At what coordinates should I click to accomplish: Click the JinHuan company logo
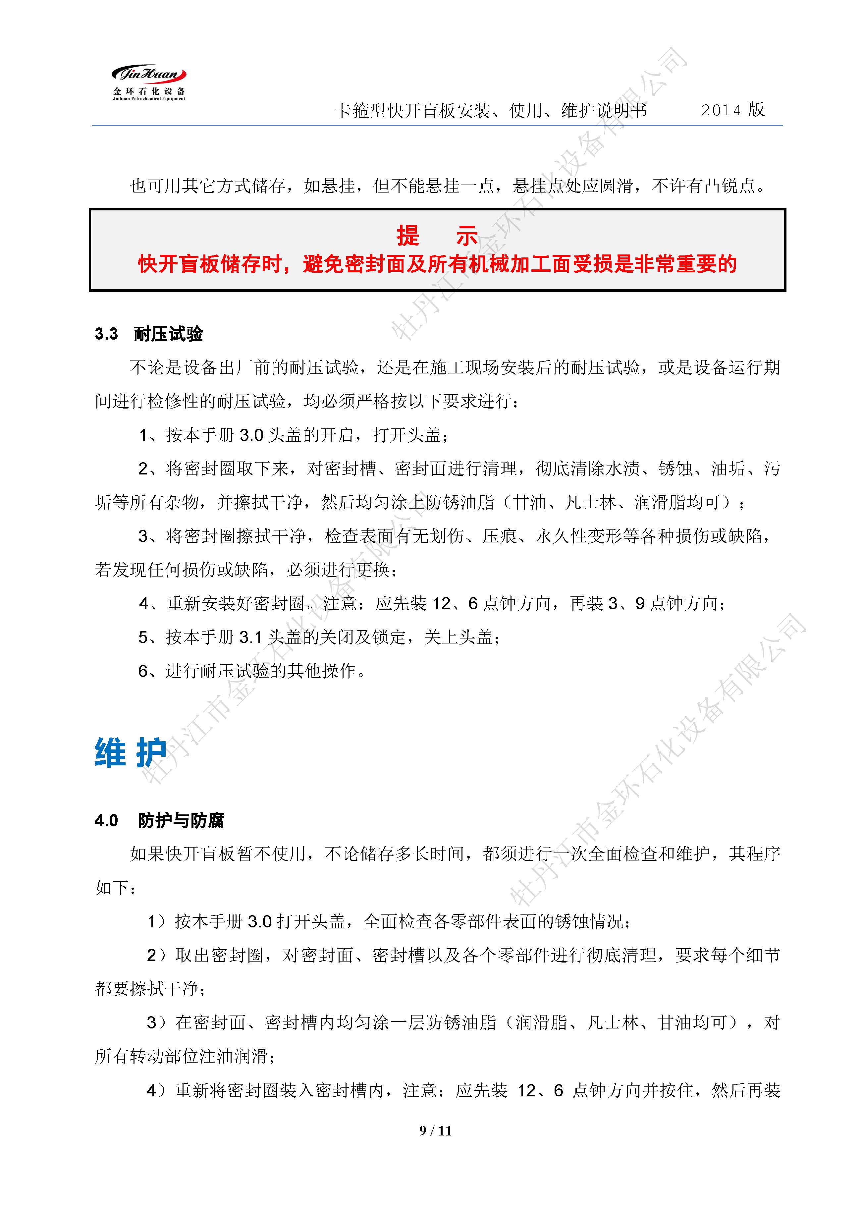click(x=149, y=83)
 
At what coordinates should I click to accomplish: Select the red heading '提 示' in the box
click(x=437, y=236)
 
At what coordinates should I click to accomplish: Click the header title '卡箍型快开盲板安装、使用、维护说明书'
click(x=491, y=111)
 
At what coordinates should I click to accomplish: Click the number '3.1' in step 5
click(x=251, y=637)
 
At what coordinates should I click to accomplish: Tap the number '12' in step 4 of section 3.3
click(x=441, y=604)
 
